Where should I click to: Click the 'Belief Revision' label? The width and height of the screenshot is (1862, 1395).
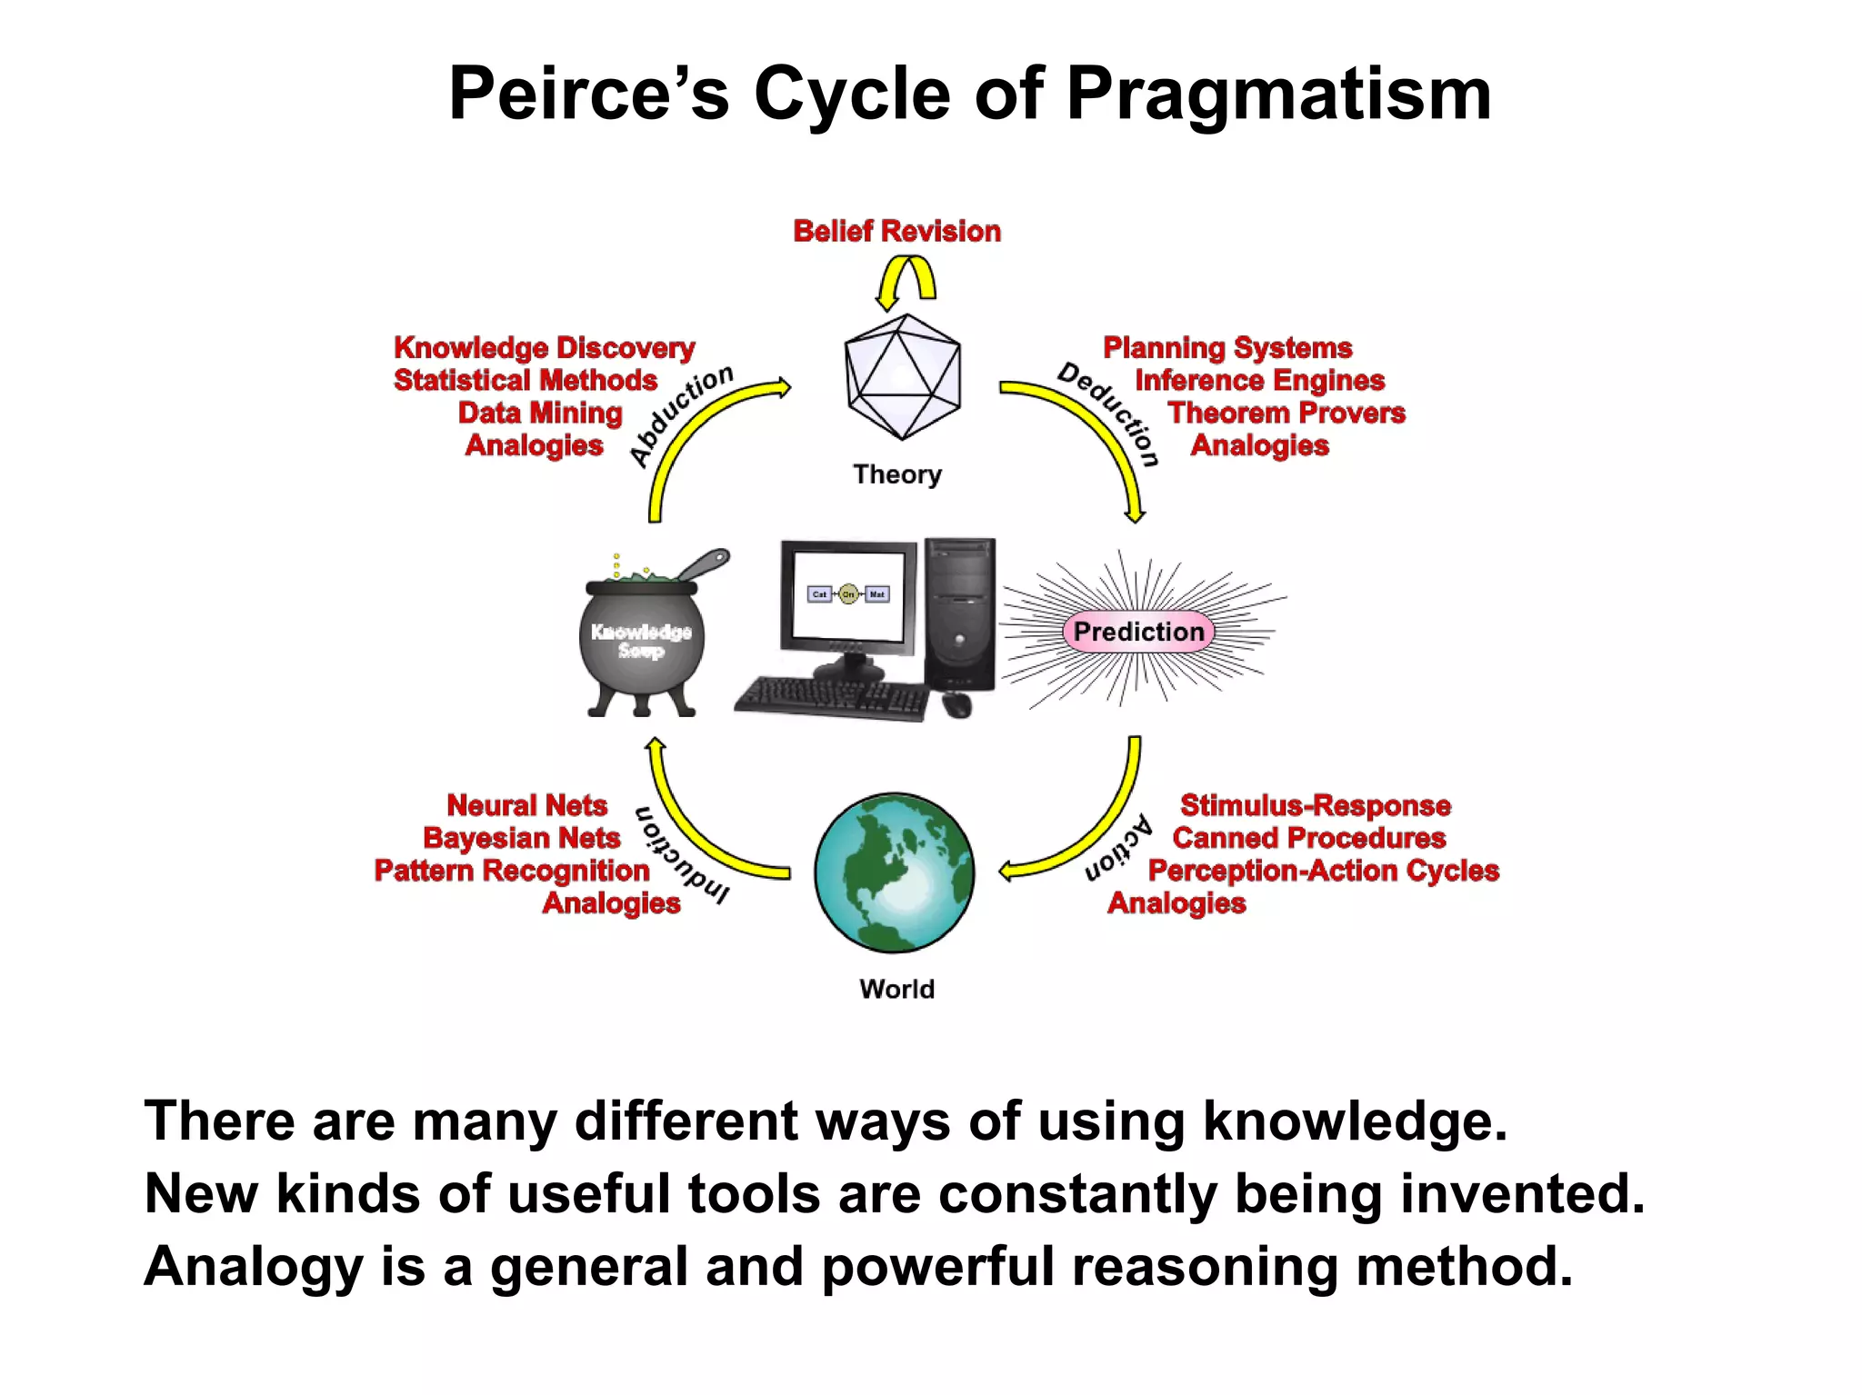pyautogui.click(x=896, y=232)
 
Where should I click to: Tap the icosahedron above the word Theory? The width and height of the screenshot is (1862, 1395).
pyautogui.click(x=902, y=377)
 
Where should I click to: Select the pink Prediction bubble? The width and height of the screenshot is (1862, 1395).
pyautogui.click(x=1138, y=632)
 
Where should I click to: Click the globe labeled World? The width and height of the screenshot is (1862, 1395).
pyautogui.click(x=894, y=872)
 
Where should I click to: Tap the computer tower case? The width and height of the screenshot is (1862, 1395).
pyautogui.click(x=959, y=613)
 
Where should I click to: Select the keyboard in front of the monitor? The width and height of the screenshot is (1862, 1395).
pyautogui.click(x=832, y=698)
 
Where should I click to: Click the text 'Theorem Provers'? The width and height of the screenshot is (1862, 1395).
pyautogui.click(x=1286, y=414)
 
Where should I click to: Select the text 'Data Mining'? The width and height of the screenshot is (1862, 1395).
pyautogui.click(x=540, y=414)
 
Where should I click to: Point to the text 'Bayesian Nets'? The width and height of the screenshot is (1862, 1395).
pyautogui.click(x=521, y=838)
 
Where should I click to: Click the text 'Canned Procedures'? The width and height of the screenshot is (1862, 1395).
pyautogui.click(x=1308, y=838)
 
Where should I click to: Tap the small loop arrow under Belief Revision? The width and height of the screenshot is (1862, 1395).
pyautogui.click(x=905, y=280)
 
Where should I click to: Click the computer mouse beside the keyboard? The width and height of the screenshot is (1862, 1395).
pyautogui.click(x=956, y=704)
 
